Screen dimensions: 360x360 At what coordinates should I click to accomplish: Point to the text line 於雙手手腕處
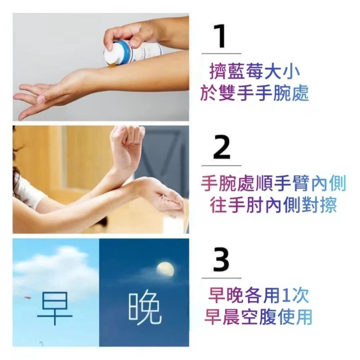point(255,93)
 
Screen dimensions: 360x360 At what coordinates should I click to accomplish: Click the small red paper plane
point(28,297)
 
